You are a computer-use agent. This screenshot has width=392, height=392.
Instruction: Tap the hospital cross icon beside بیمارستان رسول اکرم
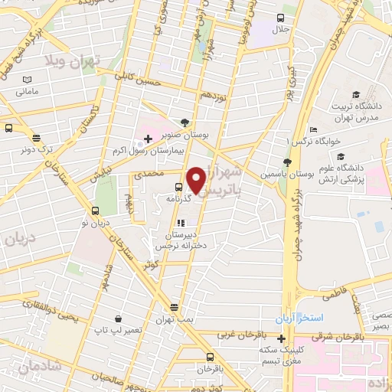pos(148,139)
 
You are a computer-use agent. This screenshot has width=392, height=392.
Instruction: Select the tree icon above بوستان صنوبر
pos(185,121)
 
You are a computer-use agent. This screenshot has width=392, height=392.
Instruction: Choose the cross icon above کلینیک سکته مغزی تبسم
pos(282,339)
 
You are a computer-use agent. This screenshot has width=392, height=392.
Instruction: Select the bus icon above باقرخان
pos(210,356)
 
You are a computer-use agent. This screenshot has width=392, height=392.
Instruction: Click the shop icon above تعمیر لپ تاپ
pos(118,318)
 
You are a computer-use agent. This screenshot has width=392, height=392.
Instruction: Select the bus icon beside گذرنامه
pos(178,185)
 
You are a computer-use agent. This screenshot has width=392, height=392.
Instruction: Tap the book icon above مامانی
pos(28,80)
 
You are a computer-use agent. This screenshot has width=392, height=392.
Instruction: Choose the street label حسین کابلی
pos(137,77)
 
